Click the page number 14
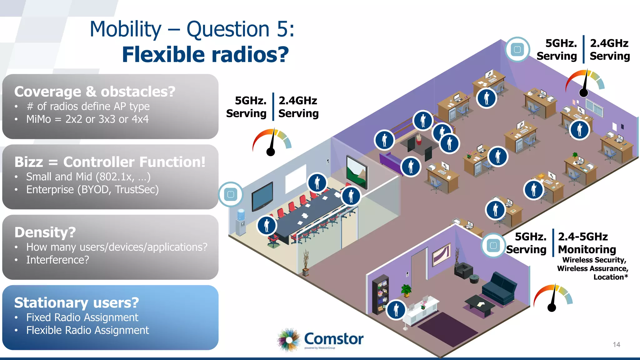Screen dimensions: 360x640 [616, 344]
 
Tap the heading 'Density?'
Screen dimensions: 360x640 [45, 232]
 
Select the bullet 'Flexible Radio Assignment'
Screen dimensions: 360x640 [87, 330]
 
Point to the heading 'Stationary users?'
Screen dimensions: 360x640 [77, 302]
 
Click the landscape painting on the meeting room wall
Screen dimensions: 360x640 [357, 172]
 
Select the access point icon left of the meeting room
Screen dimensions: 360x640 [231, 194]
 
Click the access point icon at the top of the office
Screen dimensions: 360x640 [517, 49]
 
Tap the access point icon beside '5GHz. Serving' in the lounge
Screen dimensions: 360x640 [493, 245]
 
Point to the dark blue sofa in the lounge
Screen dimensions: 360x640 [499, 287]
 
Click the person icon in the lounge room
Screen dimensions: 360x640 [396, 310]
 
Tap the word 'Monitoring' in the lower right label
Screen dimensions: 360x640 [587, 249]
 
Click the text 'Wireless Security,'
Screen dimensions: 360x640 [594, 260]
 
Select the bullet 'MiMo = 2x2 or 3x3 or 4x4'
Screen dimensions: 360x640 [87, 119]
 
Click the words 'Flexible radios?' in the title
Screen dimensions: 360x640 [205, 54]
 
